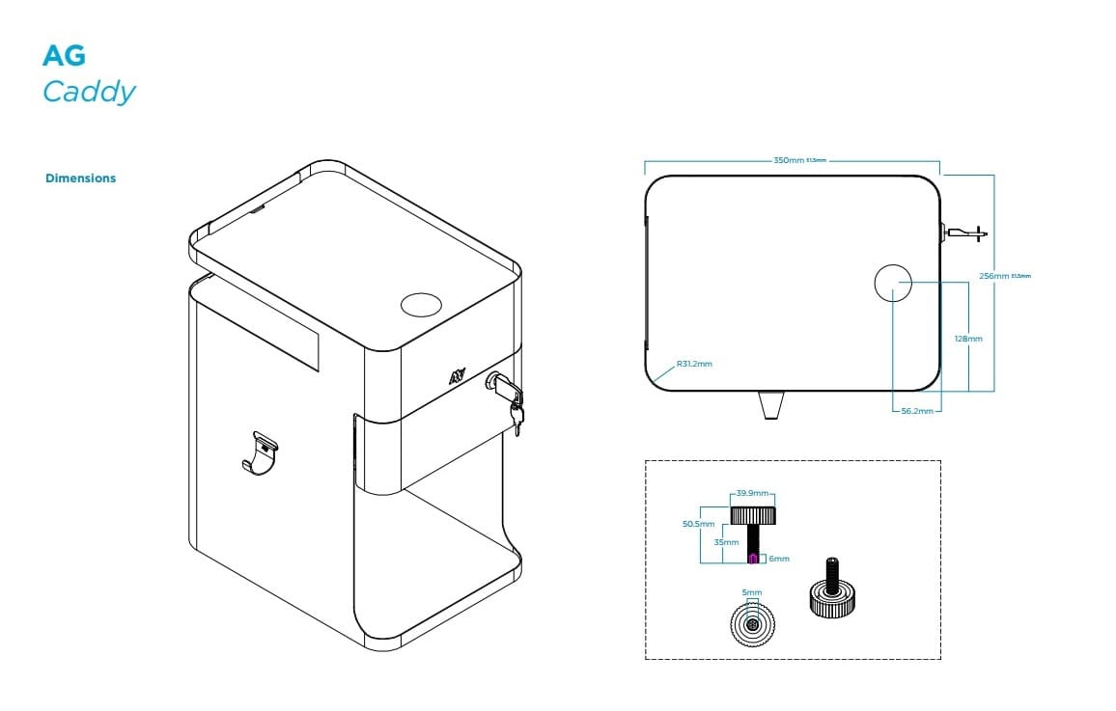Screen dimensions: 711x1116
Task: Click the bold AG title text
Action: click(x=64, y=56)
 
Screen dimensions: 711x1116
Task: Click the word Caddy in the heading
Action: click(x=89, y=92)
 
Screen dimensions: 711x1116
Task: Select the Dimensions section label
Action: click(x=80, y=178)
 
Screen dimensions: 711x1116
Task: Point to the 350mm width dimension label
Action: click(x=789, y=160)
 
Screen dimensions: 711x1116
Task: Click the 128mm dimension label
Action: click(x=967, y=339)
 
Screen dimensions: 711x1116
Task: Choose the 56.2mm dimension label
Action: click(x=916, y=411)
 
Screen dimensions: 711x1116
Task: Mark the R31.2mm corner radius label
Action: click(x=694, y=364)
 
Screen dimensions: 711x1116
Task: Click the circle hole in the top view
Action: click(x=892, y=283)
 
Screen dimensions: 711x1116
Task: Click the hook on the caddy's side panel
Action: click(x=260, y=453)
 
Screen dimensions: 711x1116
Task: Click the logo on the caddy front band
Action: click(x=456, y=376)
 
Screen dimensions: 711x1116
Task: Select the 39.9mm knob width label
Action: click(x=753, y=493)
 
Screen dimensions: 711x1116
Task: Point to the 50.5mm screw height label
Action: click(x=697, y=524)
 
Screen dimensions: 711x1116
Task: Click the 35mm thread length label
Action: click(x=725, y=542)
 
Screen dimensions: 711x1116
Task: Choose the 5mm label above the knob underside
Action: click(x=752, y=592)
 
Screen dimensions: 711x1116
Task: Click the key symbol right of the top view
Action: click(x=965, y=232)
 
